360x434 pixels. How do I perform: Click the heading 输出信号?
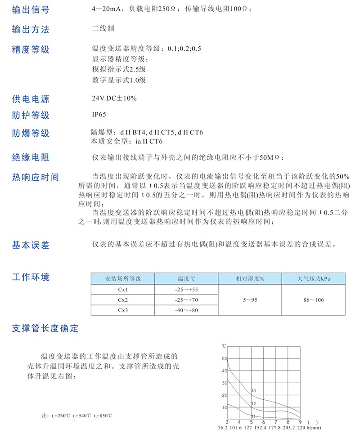pos(31,9)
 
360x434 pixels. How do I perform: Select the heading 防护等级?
pos(31,115)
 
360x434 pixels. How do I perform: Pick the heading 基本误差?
pos(31,246)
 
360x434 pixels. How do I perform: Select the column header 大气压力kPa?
pos(314,279)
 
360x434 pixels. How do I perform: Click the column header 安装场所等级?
pos(123,279)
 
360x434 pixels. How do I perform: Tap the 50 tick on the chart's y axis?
pos(225,359)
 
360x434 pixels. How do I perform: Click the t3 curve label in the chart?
pos(254,390)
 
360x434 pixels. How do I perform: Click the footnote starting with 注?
pos(76,415)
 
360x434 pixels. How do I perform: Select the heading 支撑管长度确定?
pos(45,329)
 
